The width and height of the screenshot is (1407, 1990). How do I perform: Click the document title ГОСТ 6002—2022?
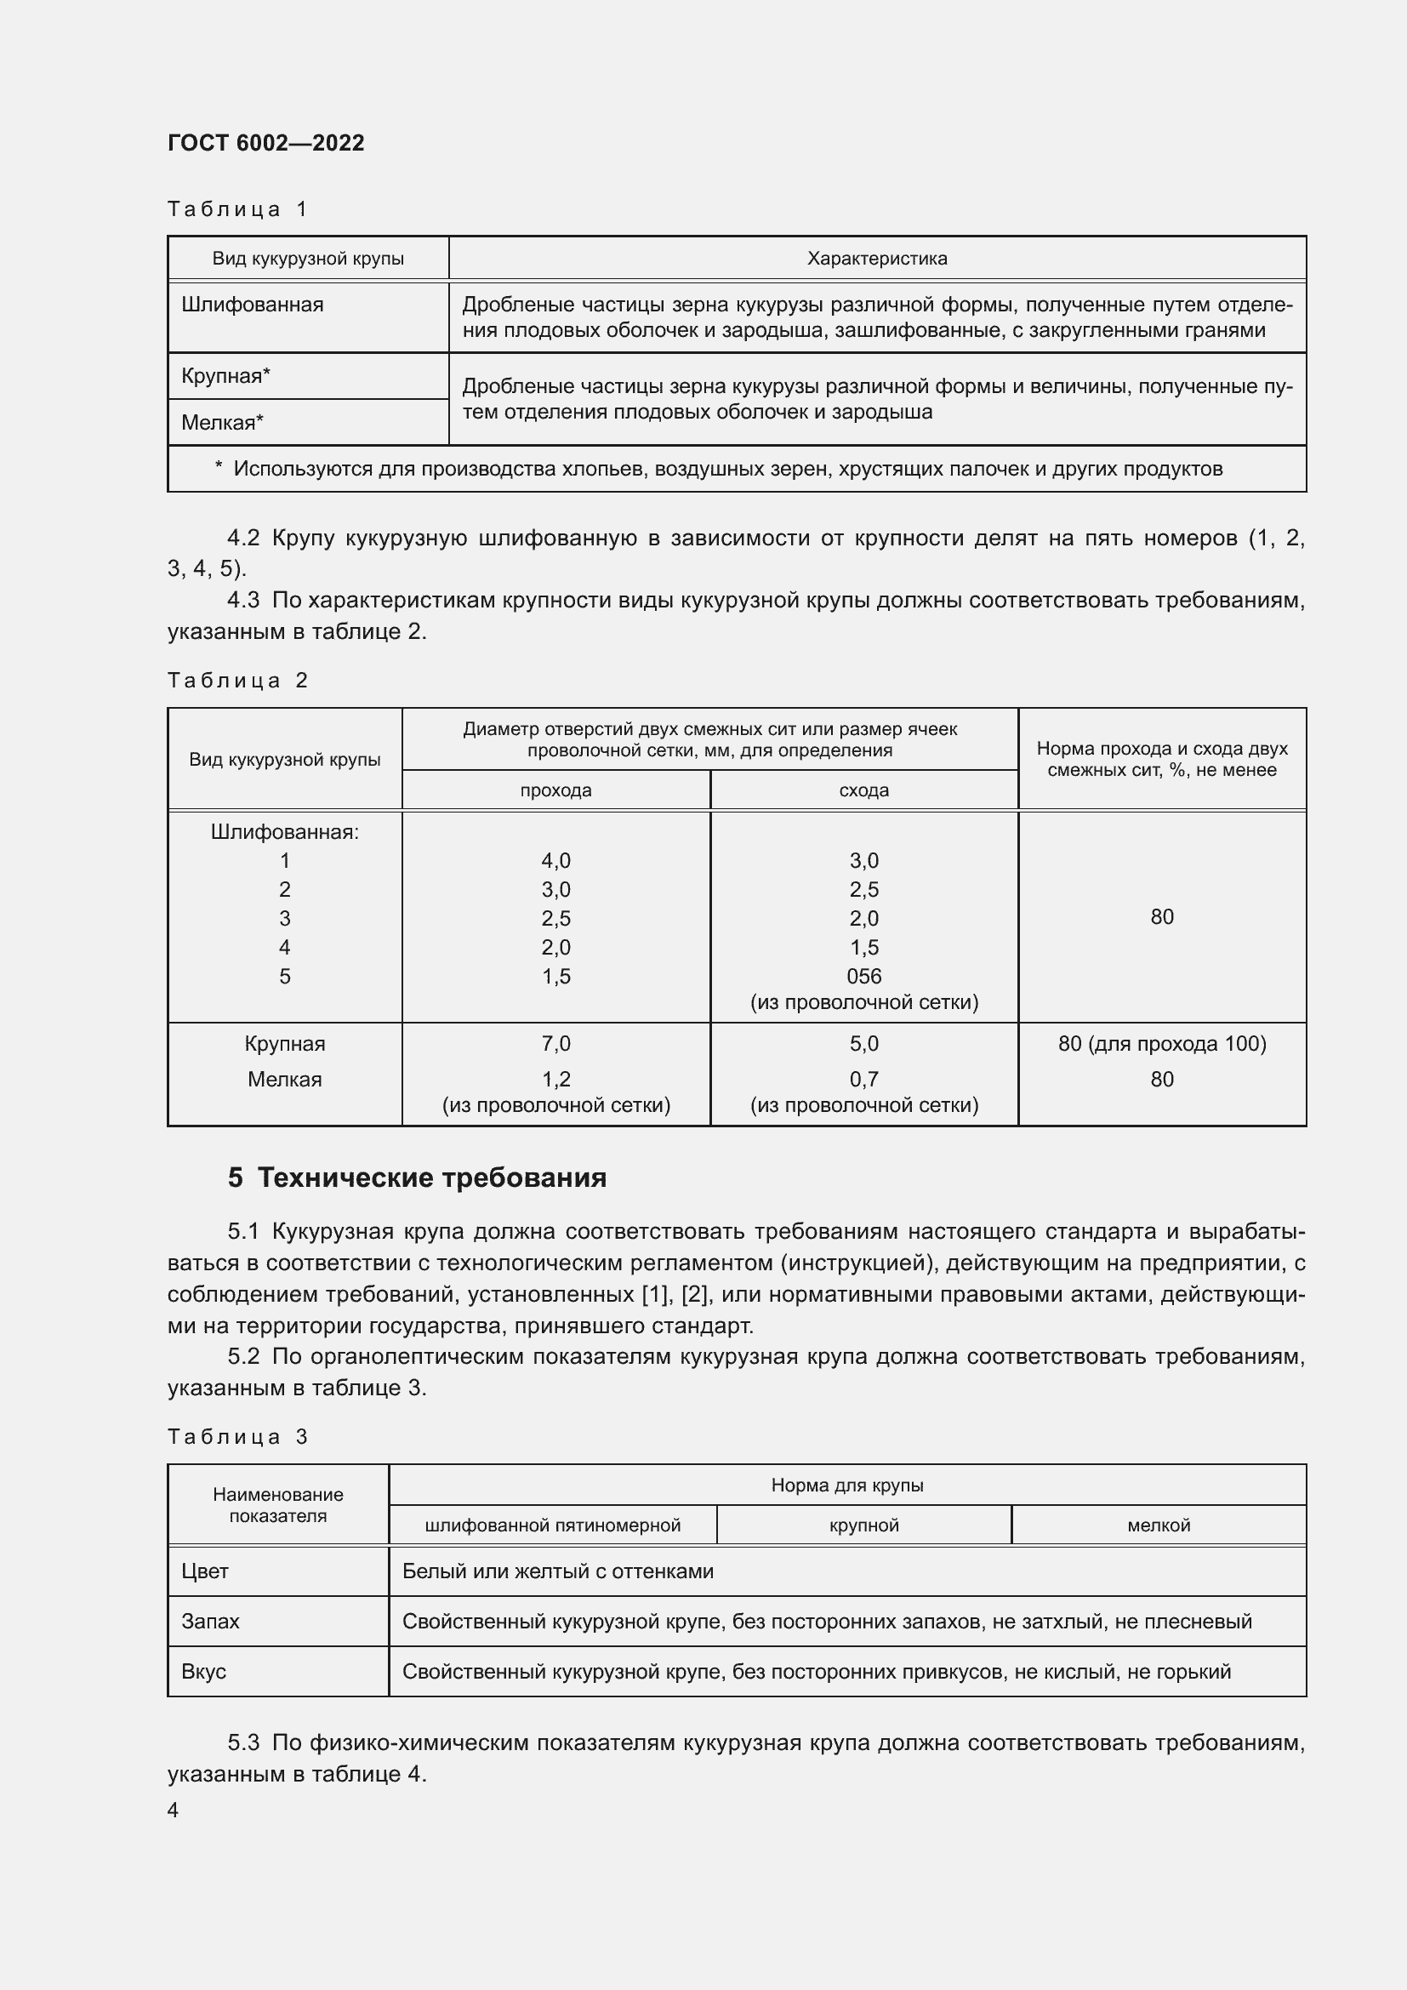(266, 143)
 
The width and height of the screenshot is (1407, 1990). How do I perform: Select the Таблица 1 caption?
(237, 209)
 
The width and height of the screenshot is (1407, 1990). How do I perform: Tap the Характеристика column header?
(877, 259)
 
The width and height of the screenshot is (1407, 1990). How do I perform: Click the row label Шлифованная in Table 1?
(252, 305)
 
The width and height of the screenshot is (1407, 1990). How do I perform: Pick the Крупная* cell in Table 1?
(226, 376)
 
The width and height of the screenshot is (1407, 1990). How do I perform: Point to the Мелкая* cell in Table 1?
(223, 423)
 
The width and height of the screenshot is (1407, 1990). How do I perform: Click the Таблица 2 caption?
(237, 681)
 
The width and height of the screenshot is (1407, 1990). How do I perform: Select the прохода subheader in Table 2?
(555, 790)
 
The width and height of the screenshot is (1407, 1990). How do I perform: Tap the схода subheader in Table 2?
(863, 790)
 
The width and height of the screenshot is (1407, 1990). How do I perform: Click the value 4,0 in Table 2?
(555, 861)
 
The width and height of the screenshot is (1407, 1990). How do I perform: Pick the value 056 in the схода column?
(863, 976)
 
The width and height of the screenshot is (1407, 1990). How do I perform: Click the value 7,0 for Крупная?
(555, 1044)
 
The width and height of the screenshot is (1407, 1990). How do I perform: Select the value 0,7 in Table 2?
(863, 1079)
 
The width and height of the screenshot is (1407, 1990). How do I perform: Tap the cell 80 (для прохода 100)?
(1162, 1044)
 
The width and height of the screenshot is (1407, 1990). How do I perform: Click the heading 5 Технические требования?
(417, 1177)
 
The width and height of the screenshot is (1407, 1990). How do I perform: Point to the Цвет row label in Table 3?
(205, 1571)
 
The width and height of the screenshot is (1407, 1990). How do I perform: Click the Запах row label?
(210, 1622)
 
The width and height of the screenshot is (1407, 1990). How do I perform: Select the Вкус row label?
(203, 1672)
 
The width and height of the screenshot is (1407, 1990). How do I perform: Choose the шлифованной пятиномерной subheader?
(553, 1525)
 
